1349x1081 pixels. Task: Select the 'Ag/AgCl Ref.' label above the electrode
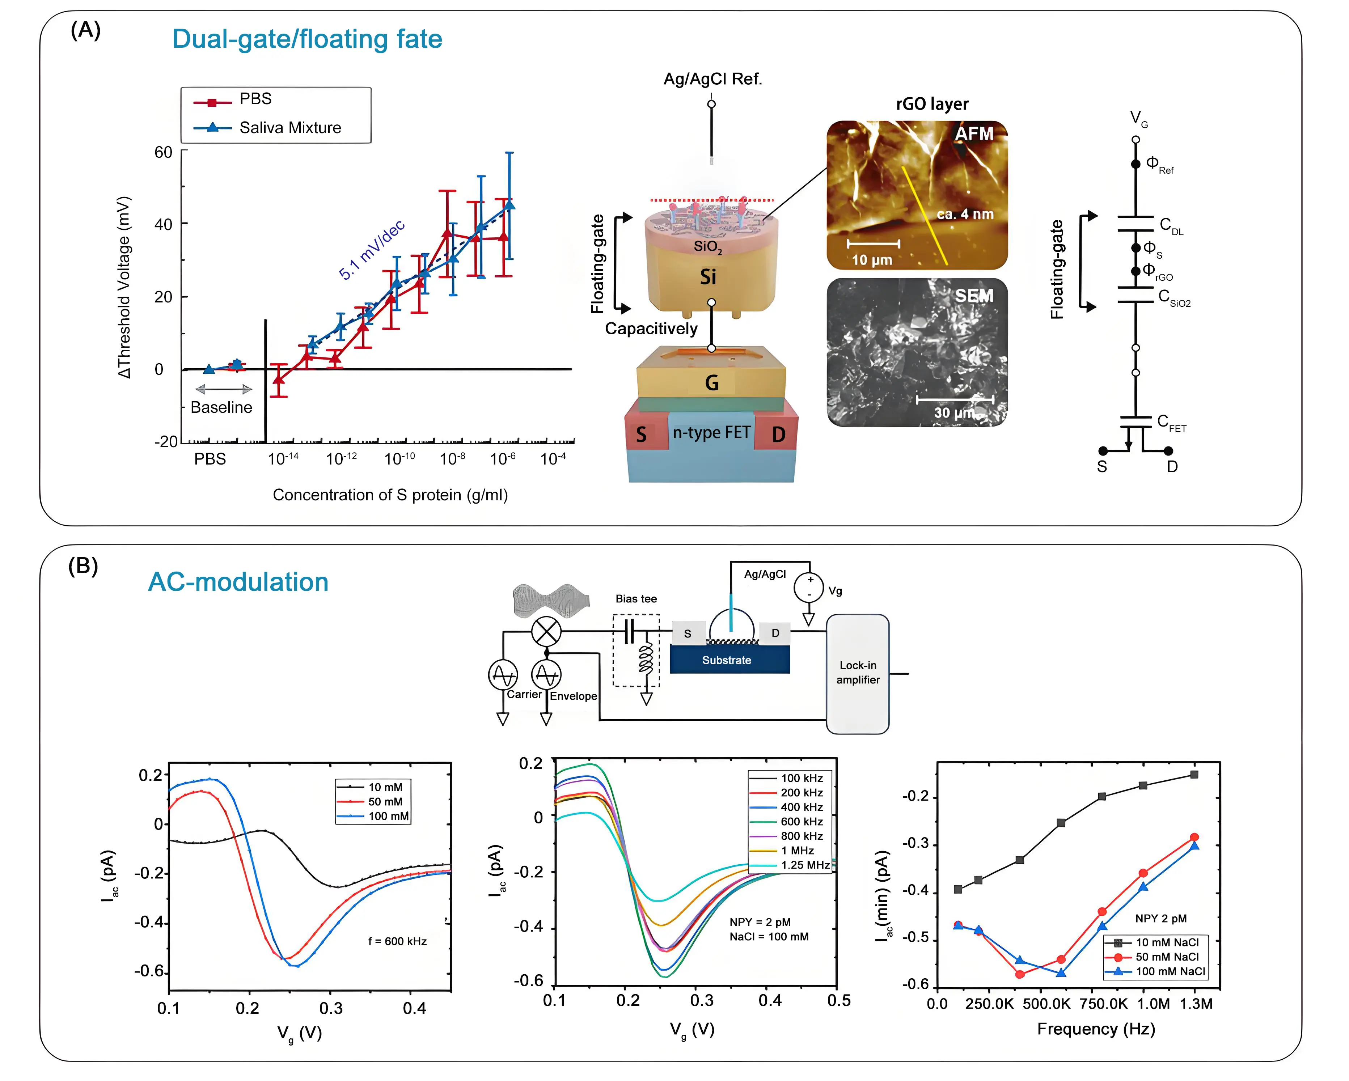coord(712,79)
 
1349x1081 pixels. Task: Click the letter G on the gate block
coord(711,383)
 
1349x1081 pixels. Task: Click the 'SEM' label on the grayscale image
coord(974,296)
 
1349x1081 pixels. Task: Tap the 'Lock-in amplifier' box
coord(857,673)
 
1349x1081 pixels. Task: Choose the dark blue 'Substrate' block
coord(729,660)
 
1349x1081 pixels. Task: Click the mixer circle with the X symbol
coord(546,631)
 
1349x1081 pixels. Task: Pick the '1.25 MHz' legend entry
coord(805,865)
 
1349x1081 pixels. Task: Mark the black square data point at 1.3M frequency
coord(1194,775)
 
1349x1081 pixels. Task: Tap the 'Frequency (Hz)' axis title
coord(1096,1029)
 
